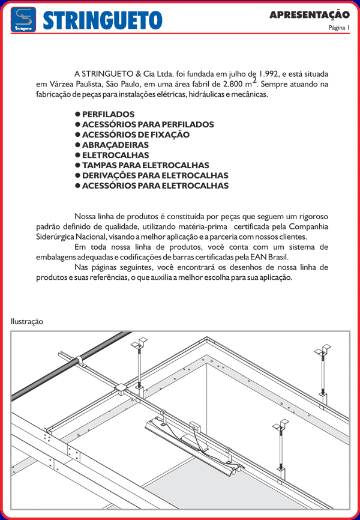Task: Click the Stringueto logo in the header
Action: click(23, 19)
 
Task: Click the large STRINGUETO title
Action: click(103, 20)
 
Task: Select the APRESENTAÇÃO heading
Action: click(309, 14)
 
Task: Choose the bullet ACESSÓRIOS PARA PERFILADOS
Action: click(148, 124)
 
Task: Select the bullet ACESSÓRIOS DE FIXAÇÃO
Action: click(136, 135)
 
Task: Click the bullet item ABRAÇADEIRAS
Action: click(115, 145)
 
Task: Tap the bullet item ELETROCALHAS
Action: click(115, 155)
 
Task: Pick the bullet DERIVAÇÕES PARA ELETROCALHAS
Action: click(155, 175)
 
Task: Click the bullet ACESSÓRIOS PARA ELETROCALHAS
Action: click(155, 186)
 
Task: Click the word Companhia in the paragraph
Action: click(308, 226)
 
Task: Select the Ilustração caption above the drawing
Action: click(27, 321)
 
